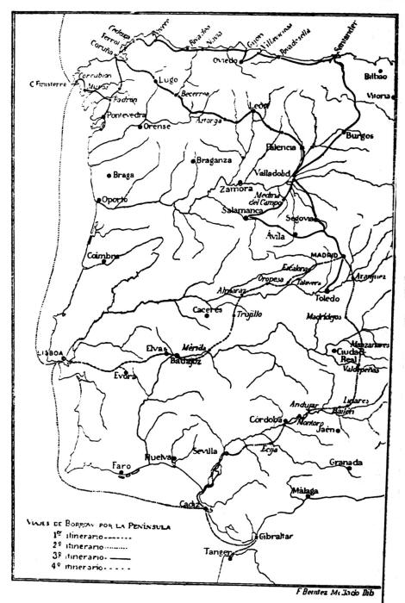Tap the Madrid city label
point(322,256)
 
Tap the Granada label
point(345,463)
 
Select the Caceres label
point(207,308)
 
